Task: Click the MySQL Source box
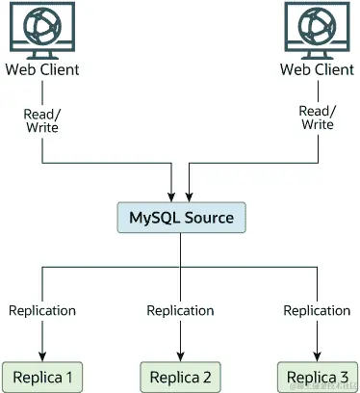click(x=181, y=218)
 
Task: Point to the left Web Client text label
click(x=42, y=70)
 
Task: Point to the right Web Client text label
click(x=317, y=70)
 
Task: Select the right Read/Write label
click(x=317, y=118)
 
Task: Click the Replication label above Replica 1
click(x=42, y=310)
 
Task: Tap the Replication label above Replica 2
click(x=180, y=310)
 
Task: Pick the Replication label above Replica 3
click(x=317, y=310)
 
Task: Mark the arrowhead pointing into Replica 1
click(x=42, y=354)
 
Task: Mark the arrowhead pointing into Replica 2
click(x=181, y=354)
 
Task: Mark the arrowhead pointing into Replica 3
click(x=318, y=354)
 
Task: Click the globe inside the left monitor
click(x=42, y=24)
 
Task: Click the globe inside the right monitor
click(x=317, y=24)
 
